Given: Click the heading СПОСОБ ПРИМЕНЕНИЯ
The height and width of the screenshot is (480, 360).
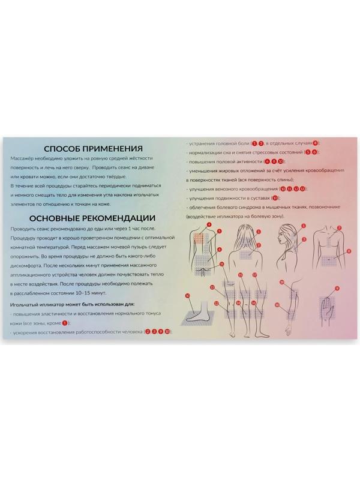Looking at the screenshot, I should point(92,149).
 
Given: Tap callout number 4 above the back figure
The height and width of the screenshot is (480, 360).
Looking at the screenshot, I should point(209,224).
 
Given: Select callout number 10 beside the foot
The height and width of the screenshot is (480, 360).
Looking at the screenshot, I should point(187,295).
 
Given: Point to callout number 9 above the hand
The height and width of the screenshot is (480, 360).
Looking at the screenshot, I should point(337,289).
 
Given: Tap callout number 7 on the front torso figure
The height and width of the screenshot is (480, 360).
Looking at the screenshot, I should point(339,228).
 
